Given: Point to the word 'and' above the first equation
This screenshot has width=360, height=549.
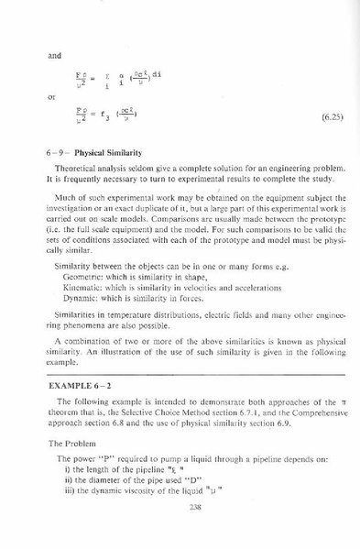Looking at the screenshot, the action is coord(54,55).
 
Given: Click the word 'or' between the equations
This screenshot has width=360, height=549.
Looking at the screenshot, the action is coord(52,96).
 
